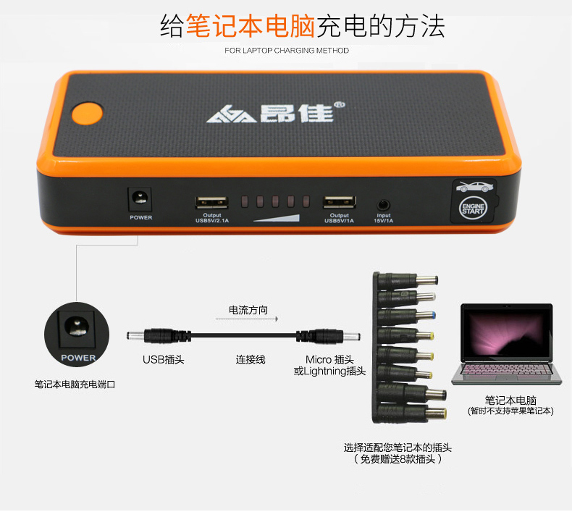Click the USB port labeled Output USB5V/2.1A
pos(208,203)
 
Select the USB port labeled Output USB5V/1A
pos(338,203)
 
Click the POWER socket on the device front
pos(140,198)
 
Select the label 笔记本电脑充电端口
pos(75,385)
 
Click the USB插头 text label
pos(163,359)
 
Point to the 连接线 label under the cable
pos(251,359)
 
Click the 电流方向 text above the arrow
pos(248,310)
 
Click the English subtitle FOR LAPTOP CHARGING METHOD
pos(287,51)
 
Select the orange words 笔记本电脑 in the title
pos(250,26)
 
